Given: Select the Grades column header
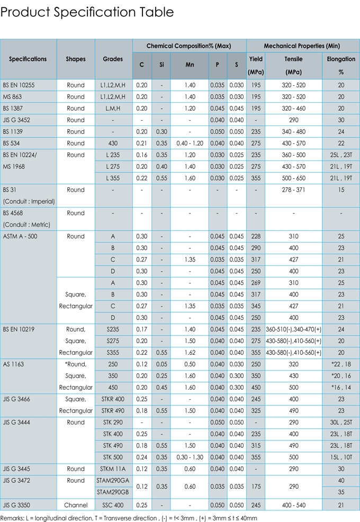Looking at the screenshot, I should pyautogui.click(x=113, y=59).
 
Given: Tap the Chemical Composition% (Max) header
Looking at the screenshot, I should pyautogui.click(x=189, y=46).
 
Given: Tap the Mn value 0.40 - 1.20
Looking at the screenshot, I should pyautogui.click(x=190, y=143).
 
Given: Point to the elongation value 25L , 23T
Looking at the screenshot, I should pyautogui.click(x=340, y=155).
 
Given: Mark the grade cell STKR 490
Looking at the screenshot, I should pyautogui.click(x=113, y=411).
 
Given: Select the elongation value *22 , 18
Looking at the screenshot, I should pyautogui.click(x=340, y=365).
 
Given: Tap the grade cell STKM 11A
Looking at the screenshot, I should pyautogui.click(x=113, y=469).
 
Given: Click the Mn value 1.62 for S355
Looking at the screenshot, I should pyautogui.click(x=190, y=353).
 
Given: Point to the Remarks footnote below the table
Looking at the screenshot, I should pyautogui.click(x=129, y=518).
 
